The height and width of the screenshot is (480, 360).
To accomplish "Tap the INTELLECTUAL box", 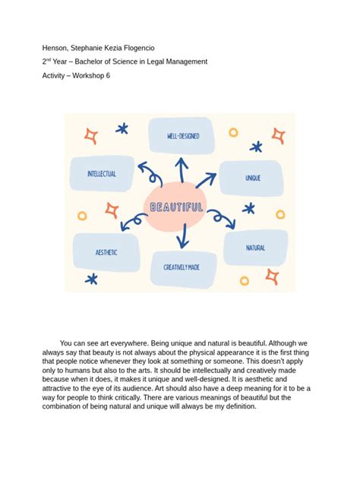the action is click(x=102, y=173).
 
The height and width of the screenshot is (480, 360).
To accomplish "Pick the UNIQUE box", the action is click(x=252, y=178).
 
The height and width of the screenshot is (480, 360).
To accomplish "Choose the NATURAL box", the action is click(x=255, y=248).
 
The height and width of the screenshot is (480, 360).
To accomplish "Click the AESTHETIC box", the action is click(x=106, y=251).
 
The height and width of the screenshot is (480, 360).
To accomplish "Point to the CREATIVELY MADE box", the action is click(x=181, y=267).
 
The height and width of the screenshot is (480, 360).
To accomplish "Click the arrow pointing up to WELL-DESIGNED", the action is click(x=181, y=169).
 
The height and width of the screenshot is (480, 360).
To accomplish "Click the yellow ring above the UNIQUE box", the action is click(x=233, y=132).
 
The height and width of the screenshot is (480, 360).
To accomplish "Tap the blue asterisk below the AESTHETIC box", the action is click(x=92, y=279).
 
